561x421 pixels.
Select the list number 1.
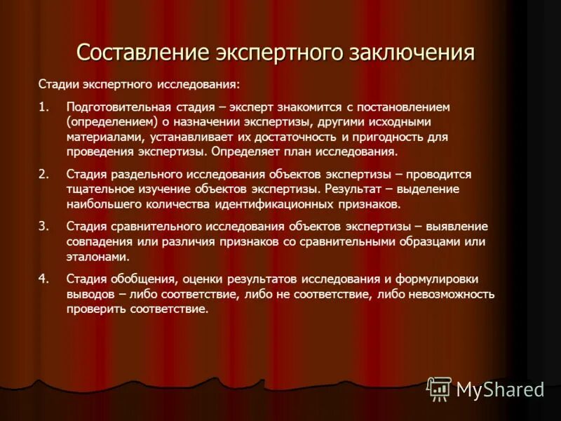coord(44,107)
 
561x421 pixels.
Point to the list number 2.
coord(44,173)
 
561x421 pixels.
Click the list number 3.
coord(44,226)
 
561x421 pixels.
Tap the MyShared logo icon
coord(439,388)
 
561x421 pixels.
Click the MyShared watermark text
coord(500,389)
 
